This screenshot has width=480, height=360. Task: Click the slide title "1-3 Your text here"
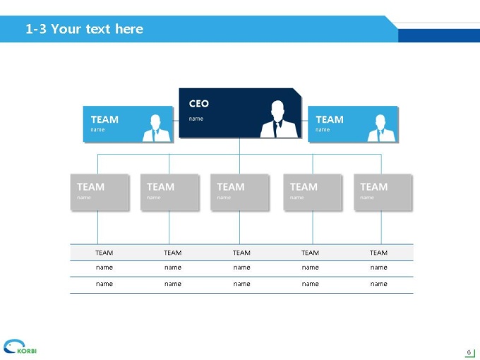(84, 29)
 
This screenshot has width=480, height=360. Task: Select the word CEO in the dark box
(198, 104)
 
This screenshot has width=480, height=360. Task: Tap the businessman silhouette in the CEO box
(279, 119)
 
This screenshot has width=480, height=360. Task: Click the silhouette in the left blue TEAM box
(156, 128)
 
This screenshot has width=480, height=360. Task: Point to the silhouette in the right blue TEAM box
(381, 128)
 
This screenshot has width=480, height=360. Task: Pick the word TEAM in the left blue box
(104, 119)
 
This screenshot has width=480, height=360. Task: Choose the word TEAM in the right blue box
(330, 119)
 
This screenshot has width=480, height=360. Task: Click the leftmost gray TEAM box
(100, 192)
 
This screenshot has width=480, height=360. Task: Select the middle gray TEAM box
(240, 192)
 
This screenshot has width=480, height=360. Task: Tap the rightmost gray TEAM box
(383, 192)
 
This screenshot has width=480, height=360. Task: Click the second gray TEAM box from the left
(169, 192)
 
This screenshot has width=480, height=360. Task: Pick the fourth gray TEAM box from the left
(313, 192)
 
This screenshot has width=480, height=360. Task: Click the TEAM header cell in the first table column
(104, 253)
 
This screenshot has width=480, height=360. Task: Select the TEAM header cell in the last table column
(378, 253)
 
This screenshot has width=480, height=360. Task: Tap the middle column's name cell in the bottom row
(241, 284)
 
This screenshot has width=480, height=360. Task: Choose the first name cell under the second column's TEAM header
(173, 268)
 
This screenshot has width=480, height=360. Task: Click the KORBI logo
(20, 347)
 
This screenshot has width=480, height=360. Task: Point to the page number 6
(469, 352)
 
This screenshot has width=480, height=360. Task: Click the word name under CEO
(196, 119)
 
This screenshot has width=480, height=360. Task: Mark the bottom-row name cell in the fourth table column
(310, 284)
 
